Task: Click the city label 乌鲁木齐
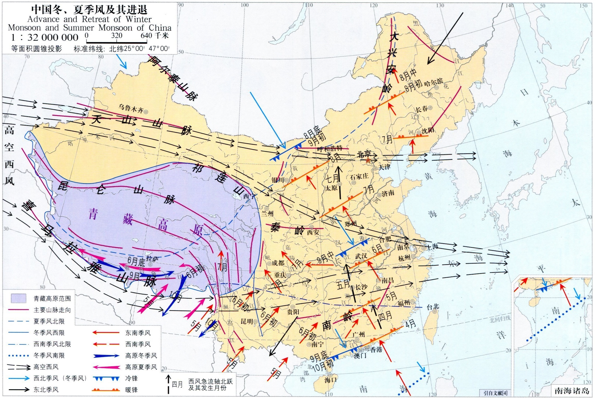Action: [x=131, y=109]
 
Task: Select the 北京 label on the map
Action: [x=364, y=154]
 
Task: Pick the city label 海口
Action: [x=330, y=380]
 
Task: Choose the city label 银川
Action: [x=278, y=180]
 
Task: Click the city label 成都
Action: [x=278, y=263]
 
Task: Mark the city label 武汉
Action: [x=361, y=256]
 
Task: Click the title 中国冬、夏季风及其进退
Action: [x=89, y=10]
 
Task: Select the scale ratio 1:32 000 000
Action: [x=45, y=38]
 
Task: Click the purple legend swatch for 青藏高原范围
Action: [x=19, y=298]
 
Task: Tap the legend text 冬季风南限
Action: [x=49, y=355]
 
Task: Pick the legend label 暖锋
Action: [x=132, y=390]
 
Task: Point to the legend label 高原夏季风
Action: [x=141, y=367]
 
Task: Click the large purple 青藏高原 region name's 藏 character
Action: [x=127, y=220]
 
